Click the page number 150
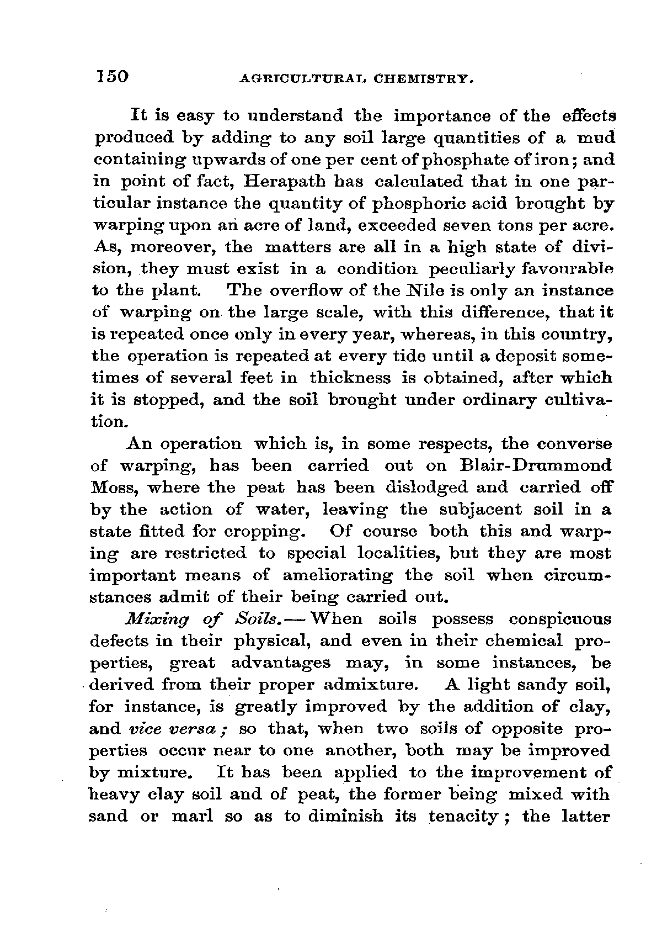112,77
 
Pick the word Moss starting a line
110,488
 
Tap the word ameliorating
338,575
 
